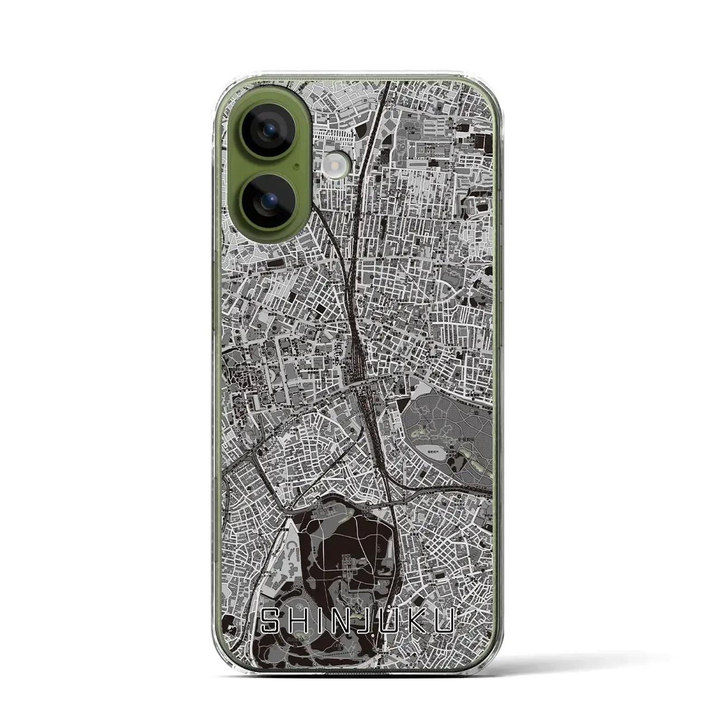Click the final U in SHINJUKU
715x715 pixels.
(x=445, y=621)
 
